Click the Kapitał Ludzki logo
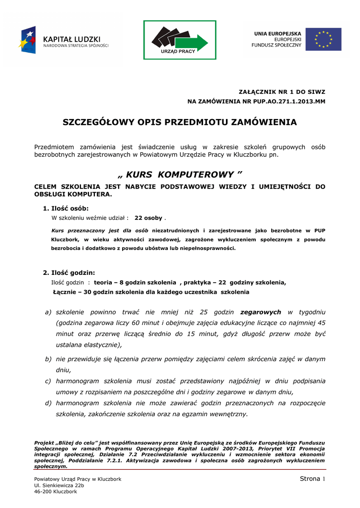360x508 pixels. pos(64,40)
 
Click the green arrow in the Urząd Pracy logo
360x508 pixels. pos(196,42)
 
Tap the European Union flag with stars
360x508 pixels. pos(323,40)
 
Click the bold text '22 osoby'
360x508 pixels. pos(148,218)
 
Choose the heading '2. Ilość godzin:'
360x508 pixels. pos(69,273)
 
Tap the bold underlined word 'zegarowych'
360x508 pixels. pos(261,312)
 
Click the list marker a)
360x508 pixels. pos(48,312)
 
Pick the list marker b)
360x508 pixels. pos(48,359)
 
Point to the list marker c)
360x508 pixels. pos(48,381)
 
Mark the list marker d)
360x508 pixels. pos(48,403)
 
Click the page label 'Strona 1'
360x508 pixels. pos(312,478)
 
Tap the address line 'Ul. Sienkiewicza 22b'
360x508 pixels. pos(59,485)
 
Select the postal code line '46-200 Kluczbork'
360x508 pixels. pos(55,492)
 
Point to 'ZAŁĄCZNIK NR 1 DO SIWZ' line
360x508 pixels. pos(283,92)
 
